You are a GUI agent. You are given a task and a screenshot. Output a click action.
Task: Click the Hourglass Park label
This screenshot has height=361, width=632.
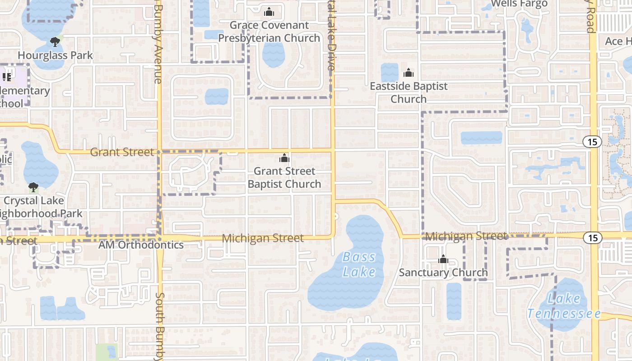point(55,56)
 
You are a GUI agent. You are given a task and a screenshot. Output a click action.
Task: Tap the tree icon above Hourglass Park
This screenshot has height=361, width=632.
point(55,42)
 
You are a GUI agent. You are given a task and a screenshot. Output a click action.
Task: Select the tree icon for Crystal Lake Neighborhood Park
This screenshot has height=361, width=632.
point(33,187)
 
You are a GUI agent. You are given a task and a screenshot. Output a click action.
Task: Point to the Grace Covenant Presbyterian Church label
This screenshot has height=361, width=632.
point(269,32)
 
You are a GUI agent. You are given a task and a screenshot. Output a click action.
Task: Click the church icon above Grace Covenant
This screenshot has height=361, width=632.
point(269,12)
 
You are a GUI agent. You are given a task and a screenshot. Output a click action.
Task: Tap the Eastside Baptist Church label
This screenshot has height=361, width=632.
point(409,92)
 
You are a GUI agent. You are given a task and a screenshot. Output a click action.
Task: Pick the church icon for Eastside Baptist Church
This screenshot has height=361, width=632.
point(409,73)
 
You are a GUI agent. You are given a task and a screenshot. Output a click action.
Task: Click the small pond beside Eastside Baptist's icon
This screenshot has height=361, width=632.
point(389,72)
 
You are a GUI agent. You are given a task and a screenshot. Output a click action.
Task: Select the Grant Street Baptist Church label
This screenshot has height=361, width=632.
point(284,177)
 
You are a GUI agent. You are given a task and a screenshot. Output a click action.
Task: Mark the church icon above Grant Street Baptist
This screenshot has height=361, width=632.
point(284,158)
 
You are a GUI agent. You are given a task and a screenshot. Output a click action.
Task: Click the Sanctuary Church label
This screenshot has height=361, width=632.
point(443,273)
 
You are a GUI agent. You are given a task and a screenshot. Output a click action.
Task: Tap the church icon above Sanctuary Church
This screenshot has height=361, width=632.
point(443,259)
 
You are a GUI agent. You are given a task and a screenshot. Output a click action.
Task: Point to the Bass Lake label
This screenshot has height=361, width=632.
point(359,264)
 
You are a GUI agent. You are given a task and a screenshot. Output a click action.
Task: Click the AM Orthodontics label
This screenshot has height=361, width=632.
point(141,245)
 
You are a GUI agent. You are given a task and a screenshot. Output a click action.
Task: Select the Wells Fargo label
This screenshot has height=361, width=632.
point(519,4)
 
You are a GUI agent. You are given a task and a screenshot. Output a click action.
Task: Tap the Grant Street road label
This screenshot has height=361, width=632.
point(122,152)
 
